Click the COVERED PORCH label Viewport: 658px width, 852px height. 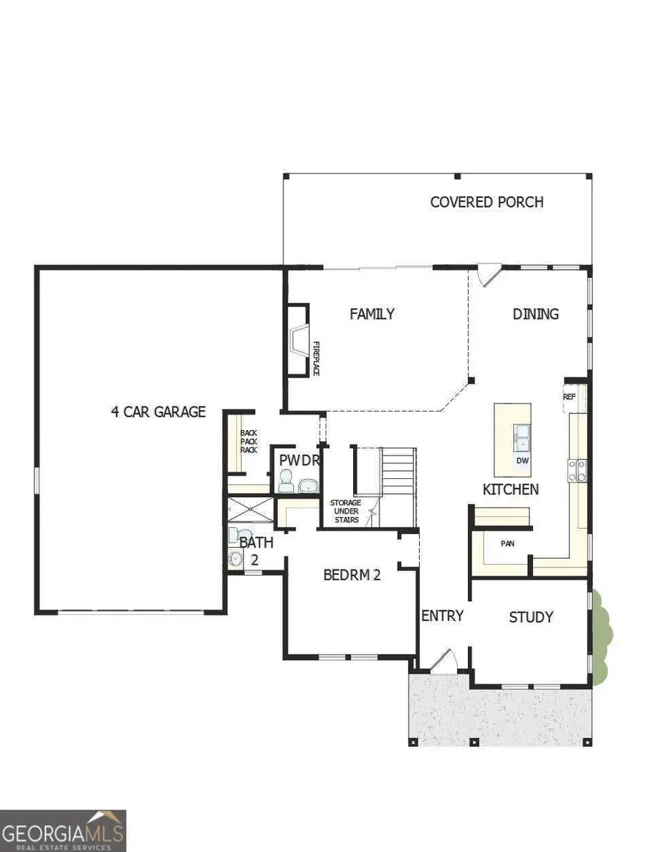coord(486,202)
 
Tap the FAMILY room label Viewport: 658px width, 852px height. coord(371,314)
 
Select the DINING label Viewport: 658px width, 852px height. coord(535,314)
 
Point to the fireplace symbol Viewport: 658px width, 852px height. coord(298,340)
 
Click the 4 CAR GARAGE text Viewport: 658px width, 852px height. coord(158,412)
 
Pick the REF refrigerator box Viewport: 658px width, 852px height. coord(570,396)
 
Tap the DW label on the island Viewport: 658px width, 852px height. coord(522,461)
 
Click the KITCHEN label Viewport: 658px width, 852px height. coord(510,489)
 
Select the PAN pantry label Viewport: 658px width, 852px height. coord(507,544)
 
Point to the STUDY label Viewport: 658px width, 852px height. coord(531,617)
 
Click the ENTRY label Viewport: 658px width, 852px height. coord(442,616)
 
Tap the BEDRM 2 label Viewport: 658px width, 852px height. coord(352,575)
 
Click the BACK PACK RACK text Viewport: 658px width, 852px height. coord(249,441)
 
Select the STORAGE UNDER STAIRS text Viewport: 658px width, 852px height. coord(344,511)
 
